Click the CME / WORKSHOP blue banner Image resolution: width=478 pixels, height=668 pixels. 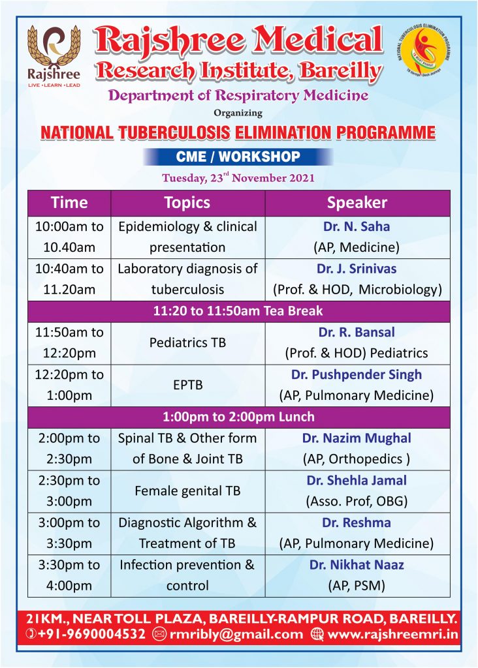click(x=238, y=157)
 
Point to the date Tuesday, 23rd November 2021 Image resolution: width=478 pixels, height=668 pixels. click(x=238, y=177)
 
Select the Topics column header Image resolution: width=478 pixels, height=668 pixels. click(x=187, y=203)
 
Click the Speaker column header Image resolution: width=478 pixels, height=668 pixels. click(x=357, y=203)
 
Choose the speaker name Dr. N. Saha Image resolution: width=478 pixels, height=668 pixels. click(x=357, y=227)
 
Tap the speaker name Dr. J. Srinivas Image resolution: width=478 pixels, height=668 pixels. click(x=357, y=269)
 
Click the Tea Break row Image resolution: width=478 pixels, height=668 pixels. click(x=238, y=311)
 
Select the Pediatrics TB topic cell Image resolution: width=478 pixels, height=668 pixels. click(x=187, y=342)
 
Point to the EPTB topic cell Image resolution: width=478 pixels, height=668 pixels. click(x=187, y=385)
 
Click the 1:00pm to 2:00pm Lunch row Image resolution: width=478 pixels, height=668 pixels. click(x=238, y=417)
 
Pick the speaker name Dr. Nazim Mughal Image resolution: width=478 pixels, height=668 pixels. click(x=357, y=438)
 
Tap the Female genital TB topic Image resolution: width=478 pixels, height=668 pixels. click(x=187, y=491)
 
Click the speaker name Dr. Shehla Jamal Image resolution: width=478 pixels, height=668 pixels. click(x=357, y=481)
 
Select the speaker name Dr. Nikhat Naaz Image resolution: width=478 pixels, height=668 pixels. click(x=357, y=565)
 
